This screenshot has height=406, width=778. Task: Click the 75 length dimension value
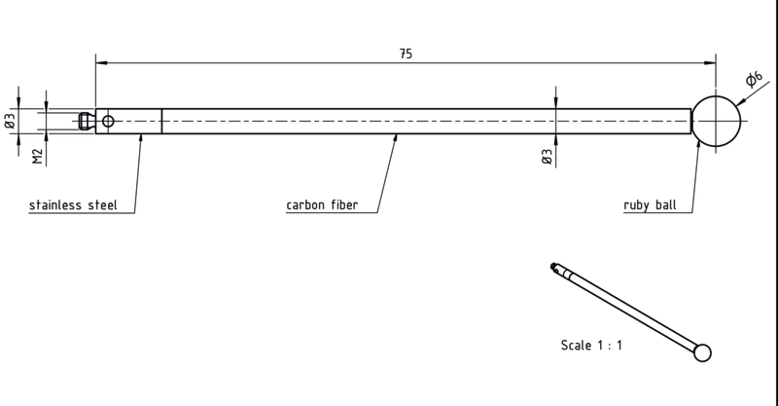point(406,54)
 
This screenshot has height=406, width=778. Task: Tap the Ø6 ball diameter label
point(755,79)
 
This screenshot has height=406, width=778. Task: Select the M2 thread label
point(38,157)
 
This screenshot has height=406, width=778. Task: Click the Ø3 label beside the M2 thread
point(11,121)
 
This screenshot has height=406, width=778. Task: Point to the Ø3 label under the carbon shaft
point(547,157)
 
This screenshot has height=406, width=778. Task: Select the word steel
point(103,204)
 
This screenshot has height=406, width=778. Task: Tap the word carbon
point(306,204)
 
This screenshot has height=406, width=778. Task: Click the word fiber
point(345,204)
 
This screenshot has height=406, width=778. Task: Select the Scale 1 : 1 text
point(591,345)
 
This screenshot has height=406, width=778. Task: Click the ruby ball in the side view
point(716,122)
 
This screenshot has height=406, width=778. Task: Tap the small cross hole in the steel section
point(108,122)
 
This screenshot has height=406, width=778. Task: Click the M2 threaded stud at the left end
point(87,122)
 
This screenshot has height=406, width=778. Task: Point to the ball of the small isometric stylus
point(702,352)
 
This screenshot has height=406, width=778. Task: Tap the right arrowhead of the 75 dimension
point(710,63)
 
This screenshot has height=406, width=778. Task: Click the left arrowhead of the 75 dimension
point(102,63)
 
